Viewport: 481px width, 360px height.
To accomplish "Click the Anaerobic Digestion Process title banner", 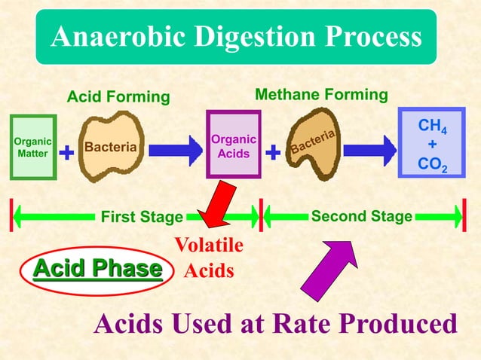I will pyautogui.click(x=236, y=37).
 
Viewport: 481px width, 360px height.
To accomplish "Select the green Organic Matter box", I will pyautogui.click(x=33, y=147).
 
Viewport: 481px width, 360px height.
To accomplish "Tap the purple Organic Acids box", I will pyautogui.click(x=233, y=145).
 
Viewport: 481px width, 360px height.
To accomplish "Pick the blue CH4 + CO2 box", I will pyautogui.click(x=431, y=143).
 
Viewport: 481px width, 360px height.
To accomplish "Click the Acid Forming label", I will pyautogui.click(x=118, y=97).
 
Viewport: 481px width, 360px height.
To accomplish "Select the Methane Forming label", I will pyautogui.click(x=322, y=95).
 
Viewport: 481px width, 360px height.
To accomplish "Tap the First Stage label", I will pyautogui.click(x=142, y=218).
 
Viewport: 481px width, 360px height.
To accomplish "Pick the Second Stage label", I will pyautogui.click(x=361, y=217).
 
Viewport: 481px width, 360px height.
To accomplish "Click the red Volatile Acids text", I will pyautogui.click(x=209, y=258).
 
